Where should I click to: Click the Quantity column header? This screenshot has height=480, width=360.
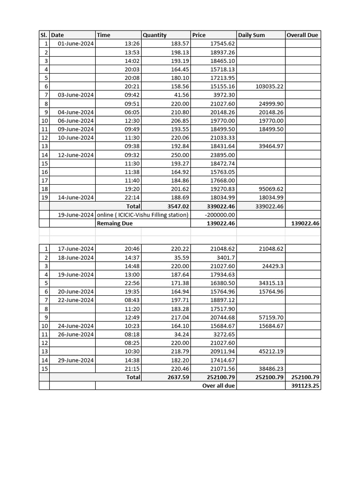(x=155, y=35)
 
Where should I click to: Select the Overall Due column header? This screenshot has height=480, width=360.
(x=302, y=35)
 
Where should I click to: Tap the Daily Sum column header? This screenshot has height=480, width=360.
(x=252, y=35)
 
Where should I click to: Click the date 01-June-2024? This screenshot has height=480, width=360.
(x=76, y=44)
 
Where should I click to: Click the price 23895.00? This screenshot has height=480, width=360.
(x=223, y=155)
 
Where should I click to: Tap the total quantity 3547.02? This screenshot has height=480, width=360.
(x=177, y=206)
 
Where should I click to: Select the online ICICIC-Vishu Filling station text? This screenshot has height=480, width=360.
(x=142, y=215)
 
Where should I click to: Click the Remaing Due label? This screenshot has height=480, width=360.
(x=115, y=223)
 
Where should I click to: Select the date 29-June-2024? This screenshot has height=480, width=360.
(x=76, y=360)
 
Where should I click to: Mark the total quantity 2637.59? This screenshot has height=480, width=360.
(x=177, y=377)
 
